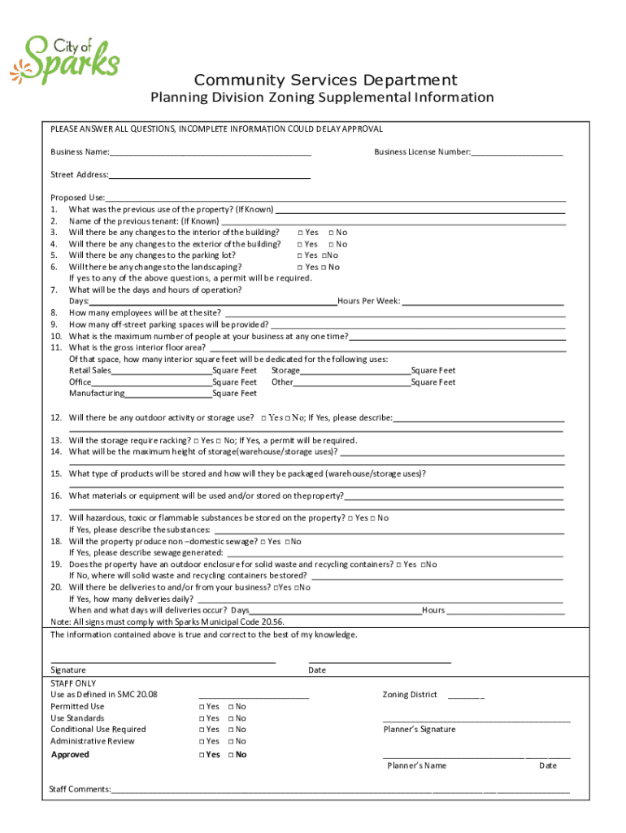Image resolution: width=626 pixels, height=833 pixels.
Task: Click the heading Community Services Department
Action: pyautogui.click(x=325, y=80)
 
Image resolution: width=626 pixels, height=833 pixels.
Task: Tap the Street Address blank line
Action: pyautogui.click(x=210, y=175)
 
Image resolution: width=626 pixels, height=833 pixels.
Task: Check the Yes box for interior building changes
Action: pyautogui.click(x=301, y=233)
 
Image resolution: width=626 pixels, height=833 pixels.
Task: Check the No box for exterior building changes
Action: pyautogui.click(x=332, y=244)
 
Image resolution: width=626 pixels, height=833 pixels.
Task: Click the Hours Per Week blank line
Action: pyautogui.click(x=483, y=301)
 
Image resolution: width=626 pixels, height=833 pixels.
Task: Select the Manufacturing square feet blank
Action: pyautogui.click(x=168, y=394)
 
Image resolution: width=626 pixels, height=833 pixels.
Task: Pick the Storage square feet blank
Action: pyautogui.click(x=355, y=371)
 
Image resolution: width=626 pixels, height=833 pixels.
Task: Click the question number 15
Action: pyautogui.click(x=56, y=473)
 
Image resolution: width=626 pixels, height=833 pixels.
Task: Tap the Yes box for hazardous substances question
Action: pyautogui.click(x=350, y=518)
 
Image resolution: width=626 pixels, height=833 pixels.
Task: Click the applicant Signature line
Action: pyautogui.click(x=163, y=660)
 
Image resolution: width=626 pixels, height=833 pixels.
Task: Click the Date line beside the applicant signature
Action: pyautogui.click(x=380, y=660)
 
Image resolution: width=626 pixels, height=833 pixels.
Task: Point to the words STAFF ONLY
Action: pyautogui.click(x=73, y=683)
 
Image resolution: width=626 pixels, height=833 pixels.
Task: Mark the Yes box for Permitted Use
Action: pyautogui.click(x=202, y=707)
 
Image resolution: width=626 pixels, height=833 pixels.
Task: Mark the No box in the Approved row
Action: pyautogui.click(x=232, y=755)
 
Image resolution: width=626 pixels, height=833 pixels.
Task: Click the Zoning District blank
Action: pyautogui.click(x=466, y=696)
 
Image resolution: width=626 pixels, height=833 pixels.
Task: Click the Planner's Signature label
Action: pyautogui.click(x=420, y=730)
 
